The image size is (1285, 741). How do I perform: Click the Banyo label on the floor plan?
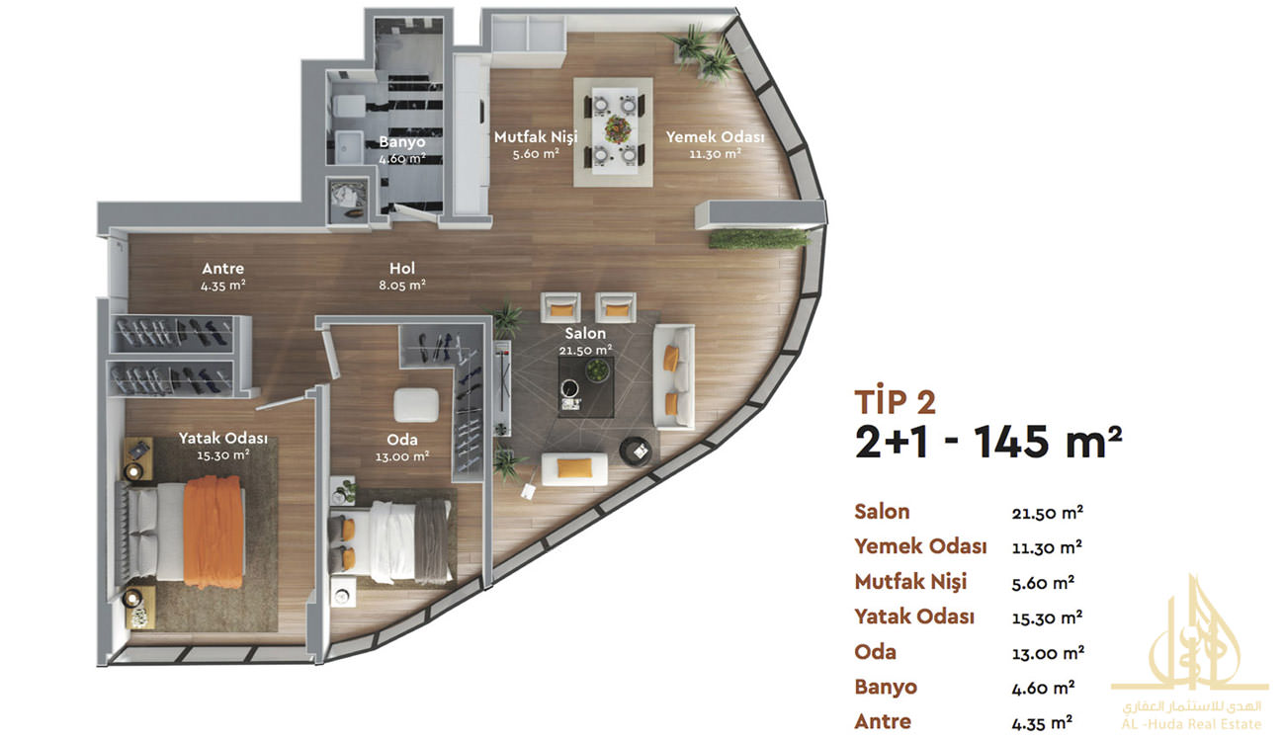tap(402, 149)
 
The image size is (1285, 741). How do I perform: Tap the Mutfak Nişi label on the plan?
tap(536, 144)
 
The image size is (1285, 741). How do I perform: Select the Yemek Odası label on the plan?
tap(715, 144)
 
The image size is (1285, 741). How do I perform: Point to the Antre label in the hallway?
tap(223, 277)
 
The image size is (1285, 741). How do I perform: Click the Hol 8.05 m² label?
tap(402, 276)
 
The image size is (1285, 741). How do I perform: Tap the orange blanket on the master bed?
tap(214, 532)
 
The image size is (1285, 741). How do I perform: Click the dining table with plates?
tap(615, 130)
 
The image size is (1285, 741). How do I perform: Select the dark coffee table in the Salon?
tap(586, 386)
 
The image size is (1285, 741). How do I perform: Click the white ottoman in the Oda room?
tap(416, 405)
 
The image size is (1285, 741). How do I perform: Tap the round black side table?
tap(636, 451)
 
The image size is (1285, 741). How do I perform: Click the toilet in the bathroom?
tap(349, 106)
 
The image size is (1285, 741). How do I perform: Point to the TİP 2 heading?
tap(895, 401)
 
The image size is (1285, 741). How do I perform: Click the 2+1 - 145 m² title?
tap(987, 442)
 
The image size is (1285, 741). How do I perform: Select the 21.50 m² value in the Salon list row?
tap(1047, 512)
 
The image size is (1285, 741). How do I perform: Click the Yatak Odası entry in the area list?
tap(914, 617)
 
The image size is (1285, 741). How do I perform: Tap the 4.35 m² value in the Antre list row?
tap(1042, 722)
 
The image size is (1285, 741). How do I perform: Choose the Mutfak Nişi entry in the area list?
tap(910, 582)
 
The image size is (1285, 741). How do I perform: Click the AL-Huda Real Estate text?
tap(1191, 724)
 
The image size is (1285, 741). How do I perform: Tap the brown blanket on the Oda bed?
tap(432, 538)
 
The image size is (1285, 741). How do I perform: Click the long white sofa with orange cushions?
tap(674, 376)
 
